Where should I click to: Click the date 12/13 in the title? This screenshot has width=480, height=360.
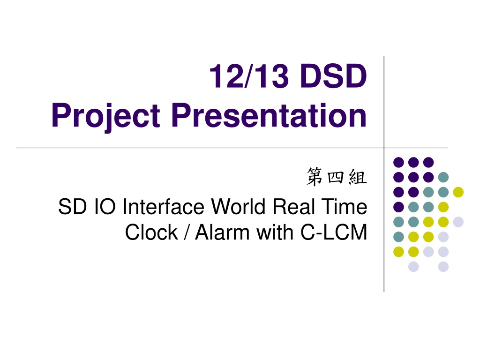(x=249, y=76)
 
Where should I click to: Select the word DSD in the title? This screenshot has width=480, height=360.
(x=333, y=76)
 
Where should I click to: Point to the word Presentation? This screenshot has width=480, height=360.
(x=269, y=115)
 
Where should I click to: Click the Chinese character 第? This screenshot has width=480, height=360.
(x=315, y=177)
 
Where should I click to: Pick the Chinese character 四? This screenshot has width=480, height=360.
(x=336, y=177)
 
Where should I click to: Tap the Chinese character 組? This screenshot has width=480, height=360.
(x=357, y=177)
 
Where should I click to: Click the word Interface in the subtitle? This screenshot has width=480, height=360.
(x=163, y=207)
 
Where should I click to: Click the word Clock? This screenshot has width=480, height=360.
(x=151, y=232)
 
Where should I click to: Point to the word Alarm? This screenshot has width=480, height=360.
(x=222, y=232)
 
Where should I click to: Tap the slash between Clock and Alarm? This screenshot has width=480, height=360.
(x=187, y=232)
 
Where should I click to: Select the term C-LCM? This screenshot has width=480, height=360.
(x=334, y=232)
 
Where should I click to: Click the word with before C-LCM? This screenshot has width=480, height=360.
(x=275, y=232)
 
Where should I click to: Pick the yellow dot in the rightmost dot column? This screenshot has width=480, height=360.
(x=458, y=192)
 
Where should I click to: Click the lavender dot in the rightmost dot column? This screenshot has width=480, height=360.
(x=458, y=222)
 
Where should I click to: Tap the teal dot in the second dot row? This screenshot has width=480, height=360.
(x=443, y=177)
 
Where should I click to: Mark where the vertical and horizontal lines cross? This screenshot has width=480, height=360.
(x=384, y=148)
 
